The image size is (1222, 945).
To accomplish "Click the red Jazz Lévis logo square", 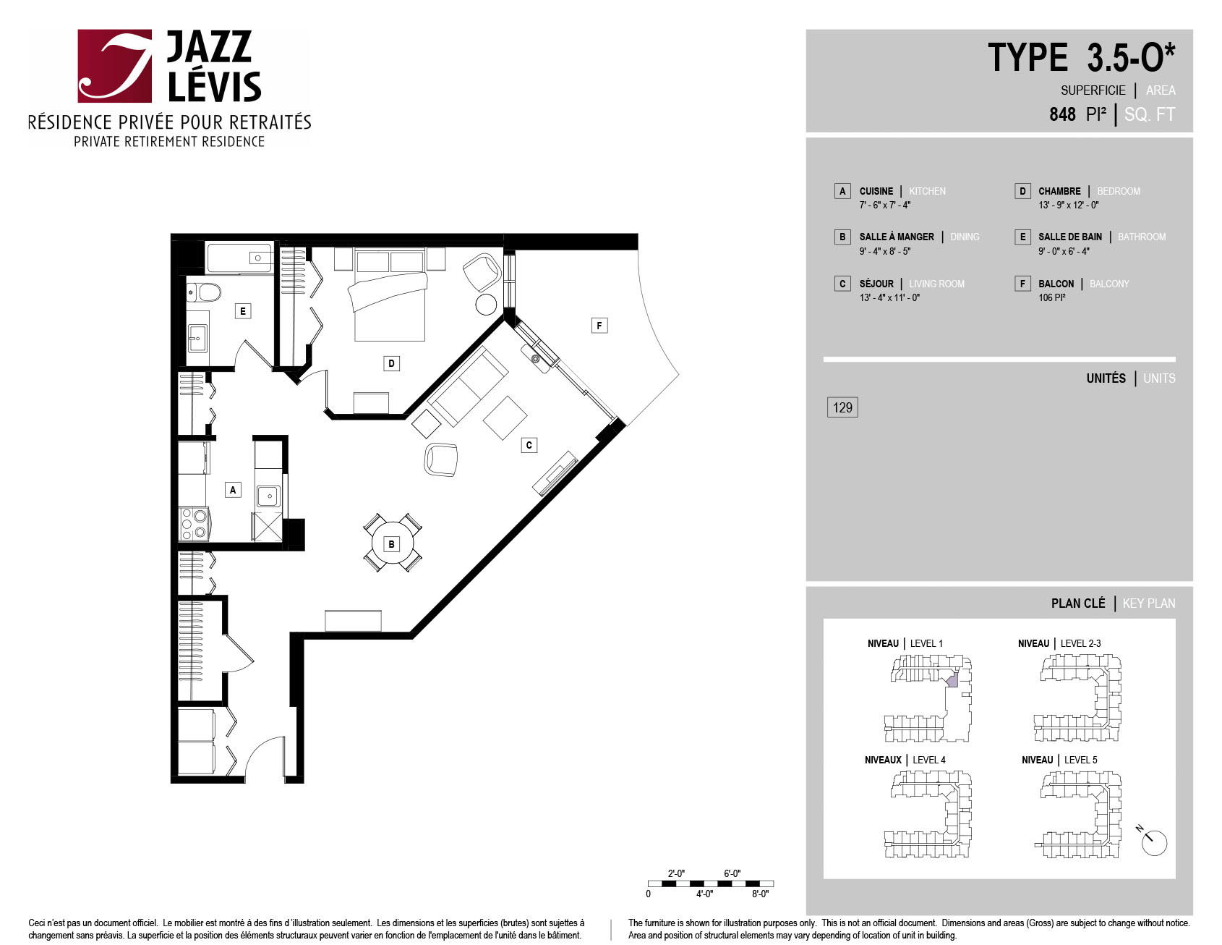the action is [x=115, y=66].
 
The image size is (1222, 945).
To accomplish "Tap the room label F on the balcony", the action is [x=599, y=326].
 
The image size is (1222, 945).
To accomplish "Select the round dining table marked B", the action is [x=392, y=543].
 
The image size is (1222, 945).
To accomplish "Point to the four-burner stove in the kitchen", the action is [x=194, y=524].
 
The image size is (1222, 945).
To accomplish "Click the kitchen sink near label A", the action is [x=268, y=496].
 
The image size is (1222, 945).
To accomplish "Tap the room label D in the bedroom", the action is [x=391, y=363].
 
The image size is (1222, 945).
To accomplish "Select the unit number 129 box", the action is [x=842, y=407].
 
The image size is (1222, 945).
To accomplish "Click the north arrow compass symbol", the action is [x=1153, y=841].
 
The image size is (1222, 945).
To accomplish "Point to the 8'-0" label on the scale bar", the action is [x=760, y=894].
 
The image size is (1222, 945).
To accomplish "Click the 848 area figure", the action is [x=1062, y=114].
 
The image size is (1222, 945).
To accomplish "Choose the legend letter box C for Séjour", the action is [x=842, y=284].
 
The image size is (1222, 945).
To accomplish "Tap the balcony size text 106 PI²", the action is [x=1052, y=297].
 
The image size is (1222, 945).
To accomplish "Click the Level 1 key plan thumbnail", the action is [x=928, y=698].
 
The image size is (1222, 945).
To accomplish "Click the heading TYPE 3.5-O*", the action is [x=1082, y=57].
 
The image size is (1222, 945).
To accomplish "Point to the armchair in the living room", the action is [x=441, y=459].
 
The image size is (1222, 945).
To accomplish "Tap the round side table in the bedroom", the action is [x=486, y=305].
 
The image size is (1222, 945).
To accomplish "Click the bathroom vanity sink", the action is [x=197, y=338].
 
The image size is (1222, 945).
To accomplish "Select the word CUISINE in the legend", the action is [x=876, y=191].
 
